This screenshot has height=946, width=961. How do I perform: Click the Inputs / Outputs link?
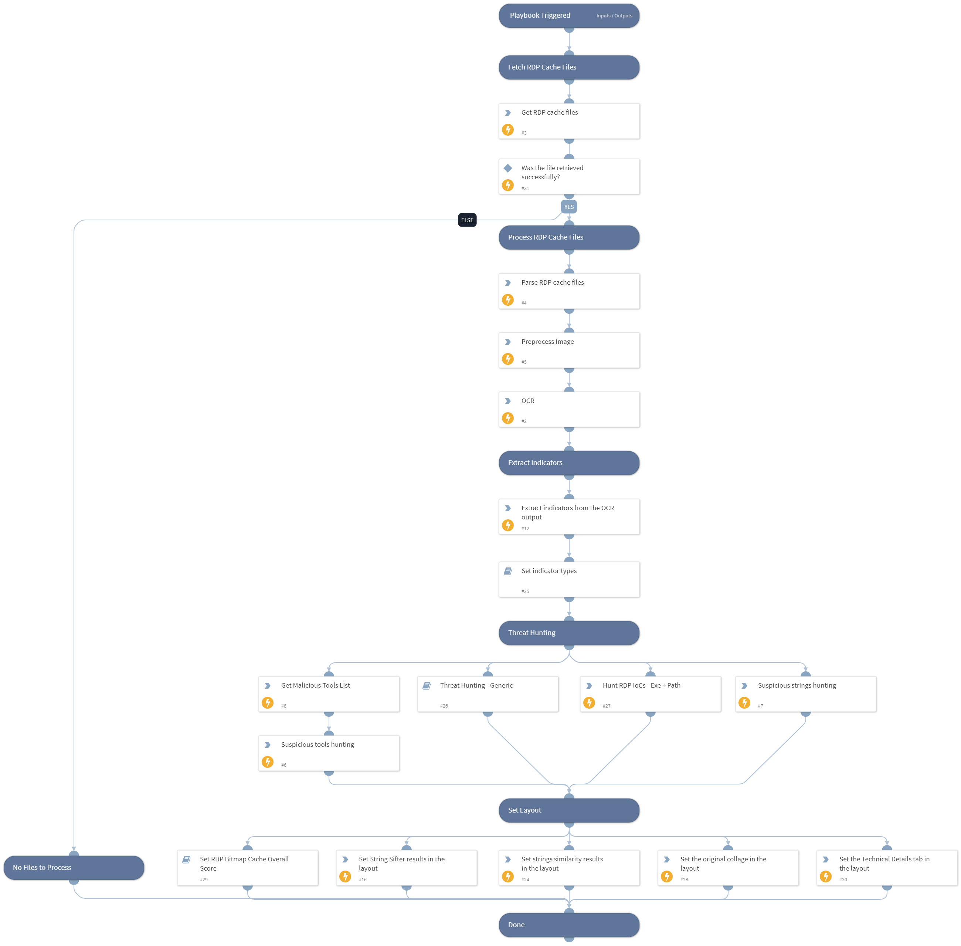click(x=614, y=16)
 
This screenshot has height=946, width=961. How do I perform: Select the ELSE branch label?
click(x=467, y=220)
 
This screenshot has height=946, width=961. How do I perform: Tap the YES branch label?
click(x=569, y=207)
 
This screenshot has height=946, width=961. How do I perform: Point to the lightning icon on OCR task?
click(x=507, y=418)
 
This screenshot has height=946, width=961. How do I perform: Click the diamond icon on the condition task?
click(x=507, y=168)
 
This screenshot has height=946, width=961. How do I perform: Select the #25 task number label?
click(x=525, y=591)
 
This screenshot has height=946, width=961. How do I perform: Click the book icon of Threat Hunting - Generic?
click(x=426, y=686)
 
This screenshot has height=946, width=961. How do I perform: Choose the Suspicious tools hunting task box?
click(x=329, y=753)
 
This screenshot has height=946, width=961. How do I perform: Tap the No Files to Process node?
click(x=74, y=868)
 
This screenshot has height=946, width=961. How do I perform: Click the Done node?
click(x=569, y=925)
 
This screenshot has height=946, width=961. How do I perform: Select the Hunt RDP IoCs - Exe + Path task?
click(x=650, y=694)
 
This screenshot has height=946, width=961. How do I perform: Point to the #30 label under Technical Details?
click(x=843, y=879)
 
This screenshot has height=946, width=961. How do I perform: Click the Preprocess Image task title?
click(x=547, y=342)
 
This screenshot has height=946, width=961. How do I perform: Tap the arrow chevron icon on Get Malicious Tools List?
click(x=267, y=686)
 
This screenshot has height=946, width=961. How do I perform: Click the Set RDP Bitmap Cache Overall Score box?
click(x=247, y=868)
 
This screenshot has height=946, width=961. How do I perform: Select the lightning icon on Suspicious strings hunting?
click(x=744, y=702)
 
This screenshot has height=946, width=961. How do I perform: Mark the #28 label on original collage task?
click(x=684, y=879)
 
